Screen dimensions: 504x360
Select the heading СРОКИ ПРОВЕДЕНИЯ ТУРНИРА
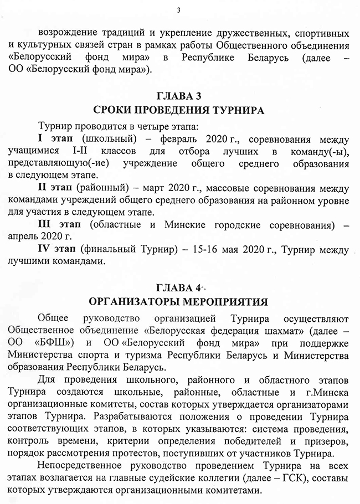click(180, 110)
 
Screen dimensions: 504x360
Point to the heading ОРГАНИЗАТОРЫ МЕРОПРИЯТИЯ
click(180, 302)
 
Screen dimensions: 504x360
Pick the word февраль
click(172, 137)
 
